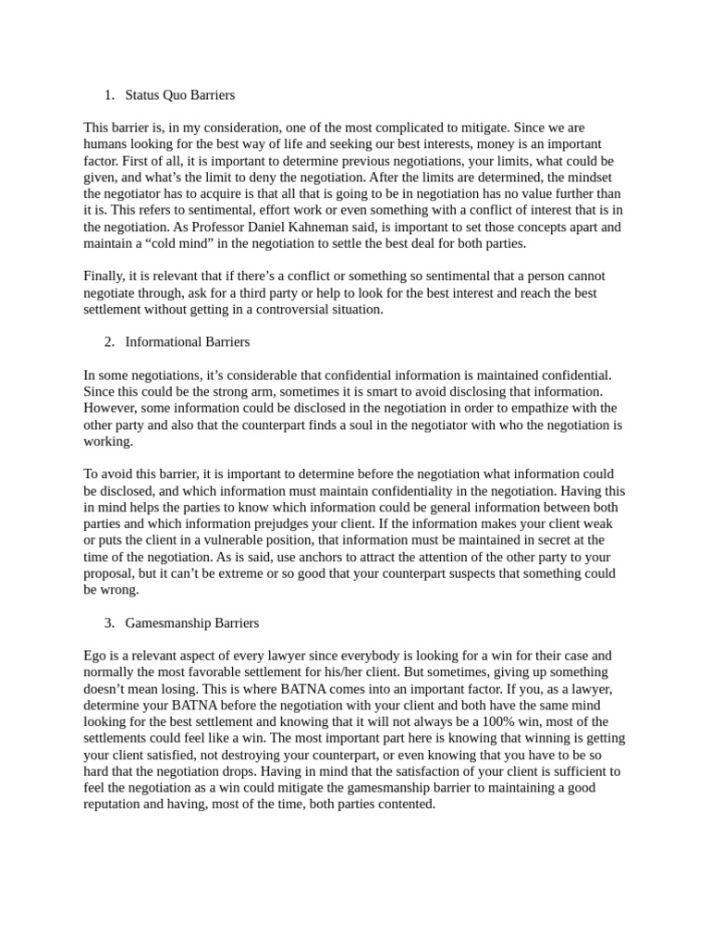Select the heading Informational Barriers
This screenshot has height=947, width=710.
pyautogui.click(x=187, y=342)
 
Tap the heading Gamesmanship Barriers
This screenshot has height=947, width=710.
pyautogui.click(x=191, y=622)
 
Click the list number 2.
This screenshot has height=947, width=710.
pyautogui.click(x=109, y=342)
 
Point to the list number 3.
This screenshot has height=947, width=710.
pyautogui.click(x=109, y=622)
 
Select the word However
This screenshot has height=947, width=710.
pyautogui.click(x=111, y=409)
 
